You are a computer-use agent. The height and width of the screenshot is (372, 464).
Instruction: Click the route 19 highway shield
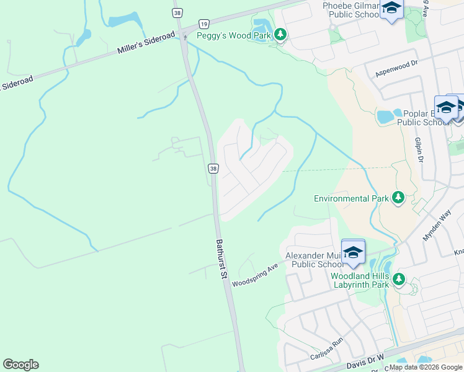pyautogui.click(x=203, y=24)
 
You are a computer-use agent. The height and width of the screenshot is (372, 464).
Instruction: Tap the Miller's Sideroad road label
pyautogui.click(x=146, y=45)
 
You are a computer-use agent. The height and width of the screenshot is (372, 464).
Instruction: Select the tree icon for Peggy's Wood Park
pyautogui.click(x=280, y=35)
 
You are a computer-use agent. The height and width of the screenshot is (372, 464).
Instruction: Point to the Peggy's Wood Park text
pyautogui.click(x=233, y=35)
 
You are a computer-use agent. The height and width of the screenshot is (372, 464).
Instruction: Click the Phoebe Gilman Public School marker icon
pyautogui.click(x=391, y=9)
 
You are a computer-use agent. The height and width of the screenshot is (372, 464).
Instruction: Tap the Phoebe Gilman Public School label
pyautogui.click(x=351, y=11)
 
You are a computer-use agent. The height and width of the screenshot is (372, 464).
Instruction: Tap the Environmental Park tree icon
pyautogui.click(x=398, y=198)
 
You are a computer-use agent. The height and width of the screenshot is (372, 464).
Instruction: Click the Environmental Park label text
pyautogui.click(x=351, y=198)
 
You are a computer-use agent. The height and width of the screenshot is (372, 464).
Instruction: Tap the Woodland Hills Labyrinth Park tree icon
pyautogui.click(x=398, y=280)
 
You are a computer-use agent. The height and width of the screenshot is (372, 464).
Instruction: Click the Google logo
pyautogui.click(x=20, y=365)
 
